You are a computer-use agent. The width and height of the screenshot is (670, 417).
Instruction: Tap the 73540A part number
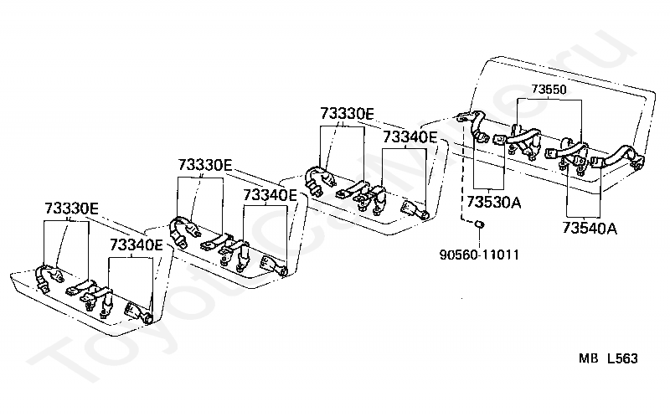point(590,227)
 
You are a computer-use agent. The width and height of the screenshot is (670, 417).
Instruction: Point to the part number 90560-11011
point(479,252)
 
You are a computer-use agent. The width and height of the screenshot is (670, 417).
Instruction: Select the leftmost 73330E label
point(71,208)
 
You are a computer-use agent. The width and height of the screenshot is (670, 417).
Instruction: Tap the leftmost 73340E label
point(137,245)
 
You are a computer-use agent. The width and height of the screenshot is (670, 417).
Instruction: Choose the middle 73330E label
point(204,165)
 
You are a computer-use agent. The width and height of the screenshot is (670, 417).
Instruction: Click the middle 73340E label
point(270,195)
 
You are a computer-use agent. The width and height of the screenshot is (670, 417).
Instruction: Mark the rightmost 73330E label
point(346,113)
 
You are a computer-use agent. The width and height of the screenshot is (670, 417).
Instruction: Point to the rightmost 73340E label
point(410,136)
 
